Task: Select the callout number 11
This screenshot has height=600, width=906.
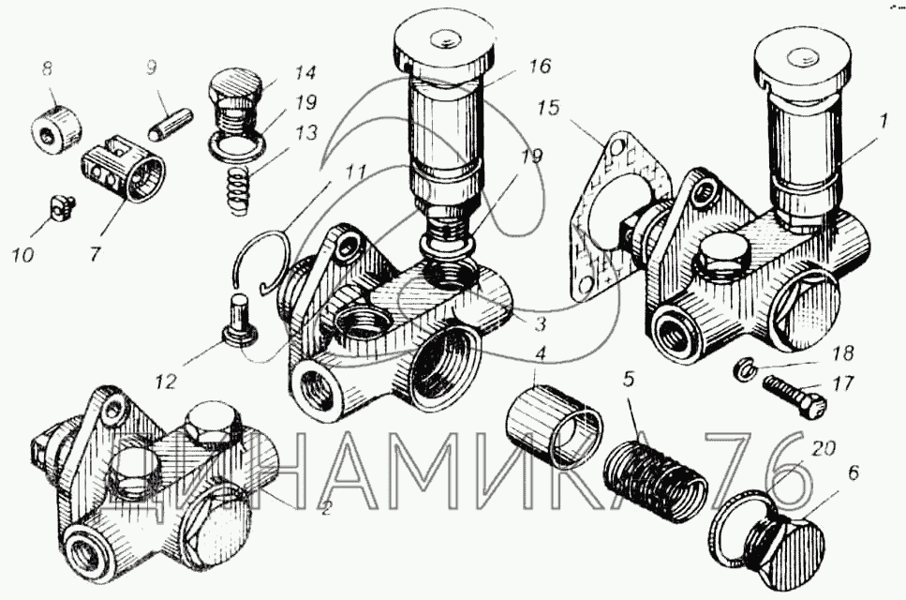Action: pos(354,173)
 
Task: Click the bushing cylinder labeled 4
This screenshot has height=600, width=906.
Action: pos(554,421)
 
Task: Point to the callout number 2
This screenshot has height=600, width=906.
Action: pos(326,509)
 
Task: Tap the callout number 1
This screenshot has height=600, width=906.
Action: pos(883,123)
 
